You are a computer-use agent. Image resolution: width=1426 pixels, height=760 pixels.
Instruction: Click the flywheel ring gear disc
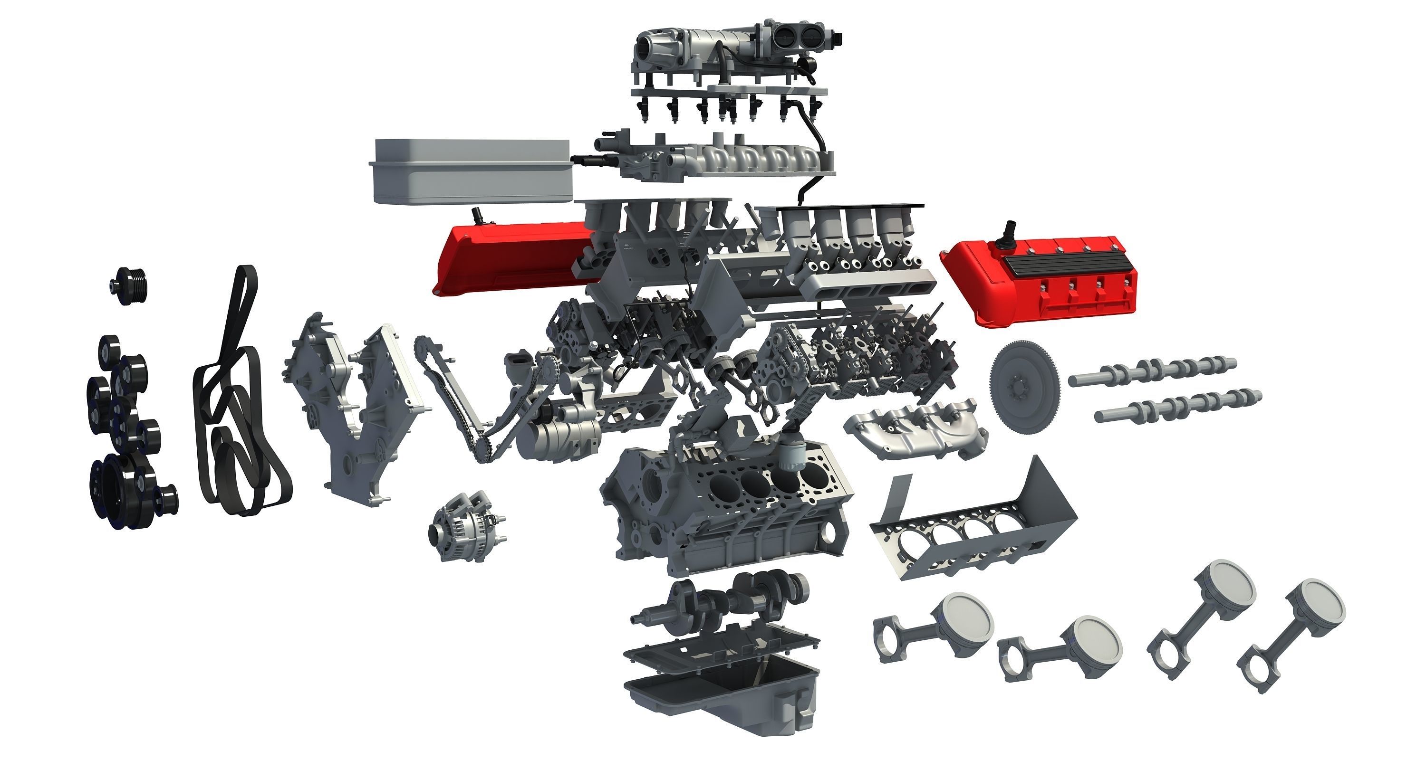1025,381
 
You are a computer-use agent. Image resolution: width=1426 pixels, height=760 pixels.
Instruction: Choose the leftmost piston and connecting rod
935,631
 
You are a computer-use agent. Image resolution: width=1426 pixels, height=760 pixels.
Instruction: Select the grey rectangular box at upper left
471,171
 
